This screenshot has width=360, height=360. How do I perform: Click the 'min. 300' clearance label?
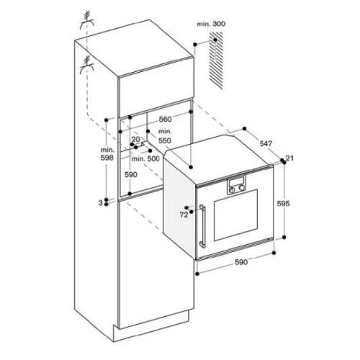pos(212,24)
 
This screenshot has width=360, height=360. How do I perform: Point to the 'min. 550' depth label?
pos(165,136)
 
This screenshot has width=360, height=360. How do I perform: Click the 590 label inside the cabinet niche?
pos(131,174)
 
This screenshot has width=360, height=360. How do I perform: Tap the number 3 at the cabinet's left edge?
pos(101,204)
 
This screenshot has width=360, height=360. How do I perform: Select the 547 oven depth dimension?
pos(266,145)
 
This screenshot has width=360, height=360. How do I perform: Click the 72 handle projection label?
pos(184,214)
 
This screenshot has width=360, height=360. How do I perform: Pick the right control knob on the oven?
pos(241,189)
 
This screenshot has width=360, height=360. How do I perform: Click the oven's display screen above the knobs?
pos(237,179)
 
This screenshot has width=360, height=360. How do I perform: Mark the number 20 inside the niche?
pos(135,138)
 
